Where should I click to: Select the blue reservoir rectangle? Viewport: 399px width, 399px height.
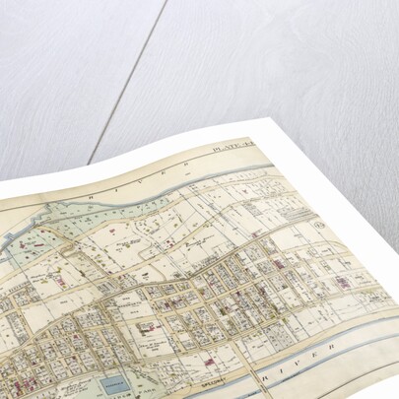(x=116, y=385)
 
